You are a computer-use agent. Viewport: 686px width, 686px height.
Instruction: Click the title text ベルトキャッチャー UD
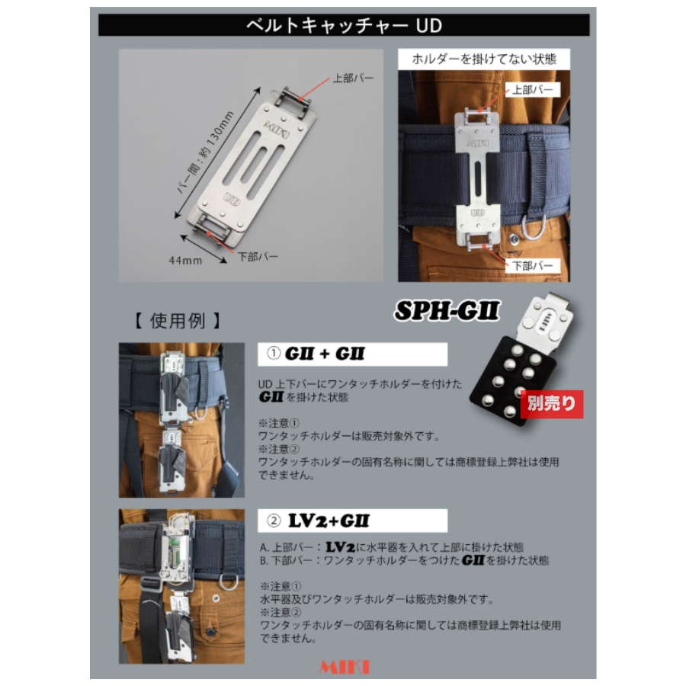coord(344,25)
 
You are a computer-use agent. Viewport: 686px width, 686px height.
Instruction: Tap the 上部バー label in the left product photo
coord(353,79)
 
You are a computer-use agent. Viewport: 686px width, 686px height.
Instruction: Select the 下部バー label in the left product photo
coord(258,256)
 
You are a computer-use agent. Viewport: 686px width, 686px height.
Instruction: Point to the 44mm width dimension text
coord(185,261)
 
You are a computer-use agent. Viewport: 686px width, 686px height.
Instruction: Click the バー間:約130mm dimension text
coord(206,152)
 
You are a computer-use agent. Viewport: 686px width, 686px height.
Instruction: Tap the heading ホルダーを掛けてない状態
coord(484,59)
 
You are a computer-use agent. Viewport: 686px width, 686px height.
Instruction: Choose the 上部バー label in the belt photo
coord(533,90)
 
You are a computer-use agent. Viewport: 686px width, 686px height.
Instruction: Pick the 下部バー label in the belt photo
coord(533,265)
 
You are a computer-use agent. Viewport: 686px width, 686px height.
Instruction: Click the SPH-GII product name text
coord(447,311)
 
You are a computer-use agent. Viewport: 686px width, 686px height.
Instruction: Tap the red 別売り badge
coord(552,403)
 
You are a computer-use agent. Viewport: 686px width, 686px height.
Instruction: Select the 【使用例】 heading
coord(177,321)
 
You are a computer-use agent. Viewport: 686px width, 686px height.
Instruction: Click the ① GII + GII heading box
coord(352,354)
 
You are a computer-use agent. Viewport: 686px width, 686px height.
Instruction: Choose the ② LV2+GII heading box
coord(352,521)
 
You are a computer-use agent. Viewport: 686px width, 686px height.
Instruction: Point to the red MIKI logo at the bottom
coord(345,667)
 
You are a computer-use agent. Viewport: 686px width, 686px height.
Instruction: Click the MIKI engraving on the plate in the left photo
coord(276,129)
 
